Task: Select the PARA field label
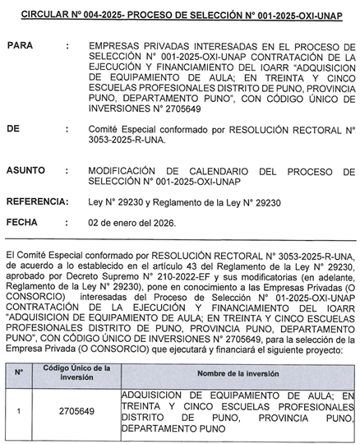19,49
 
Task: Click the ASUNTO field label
25,170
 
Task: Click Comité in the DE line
105,129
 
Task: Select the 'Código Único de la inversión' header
76,372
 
